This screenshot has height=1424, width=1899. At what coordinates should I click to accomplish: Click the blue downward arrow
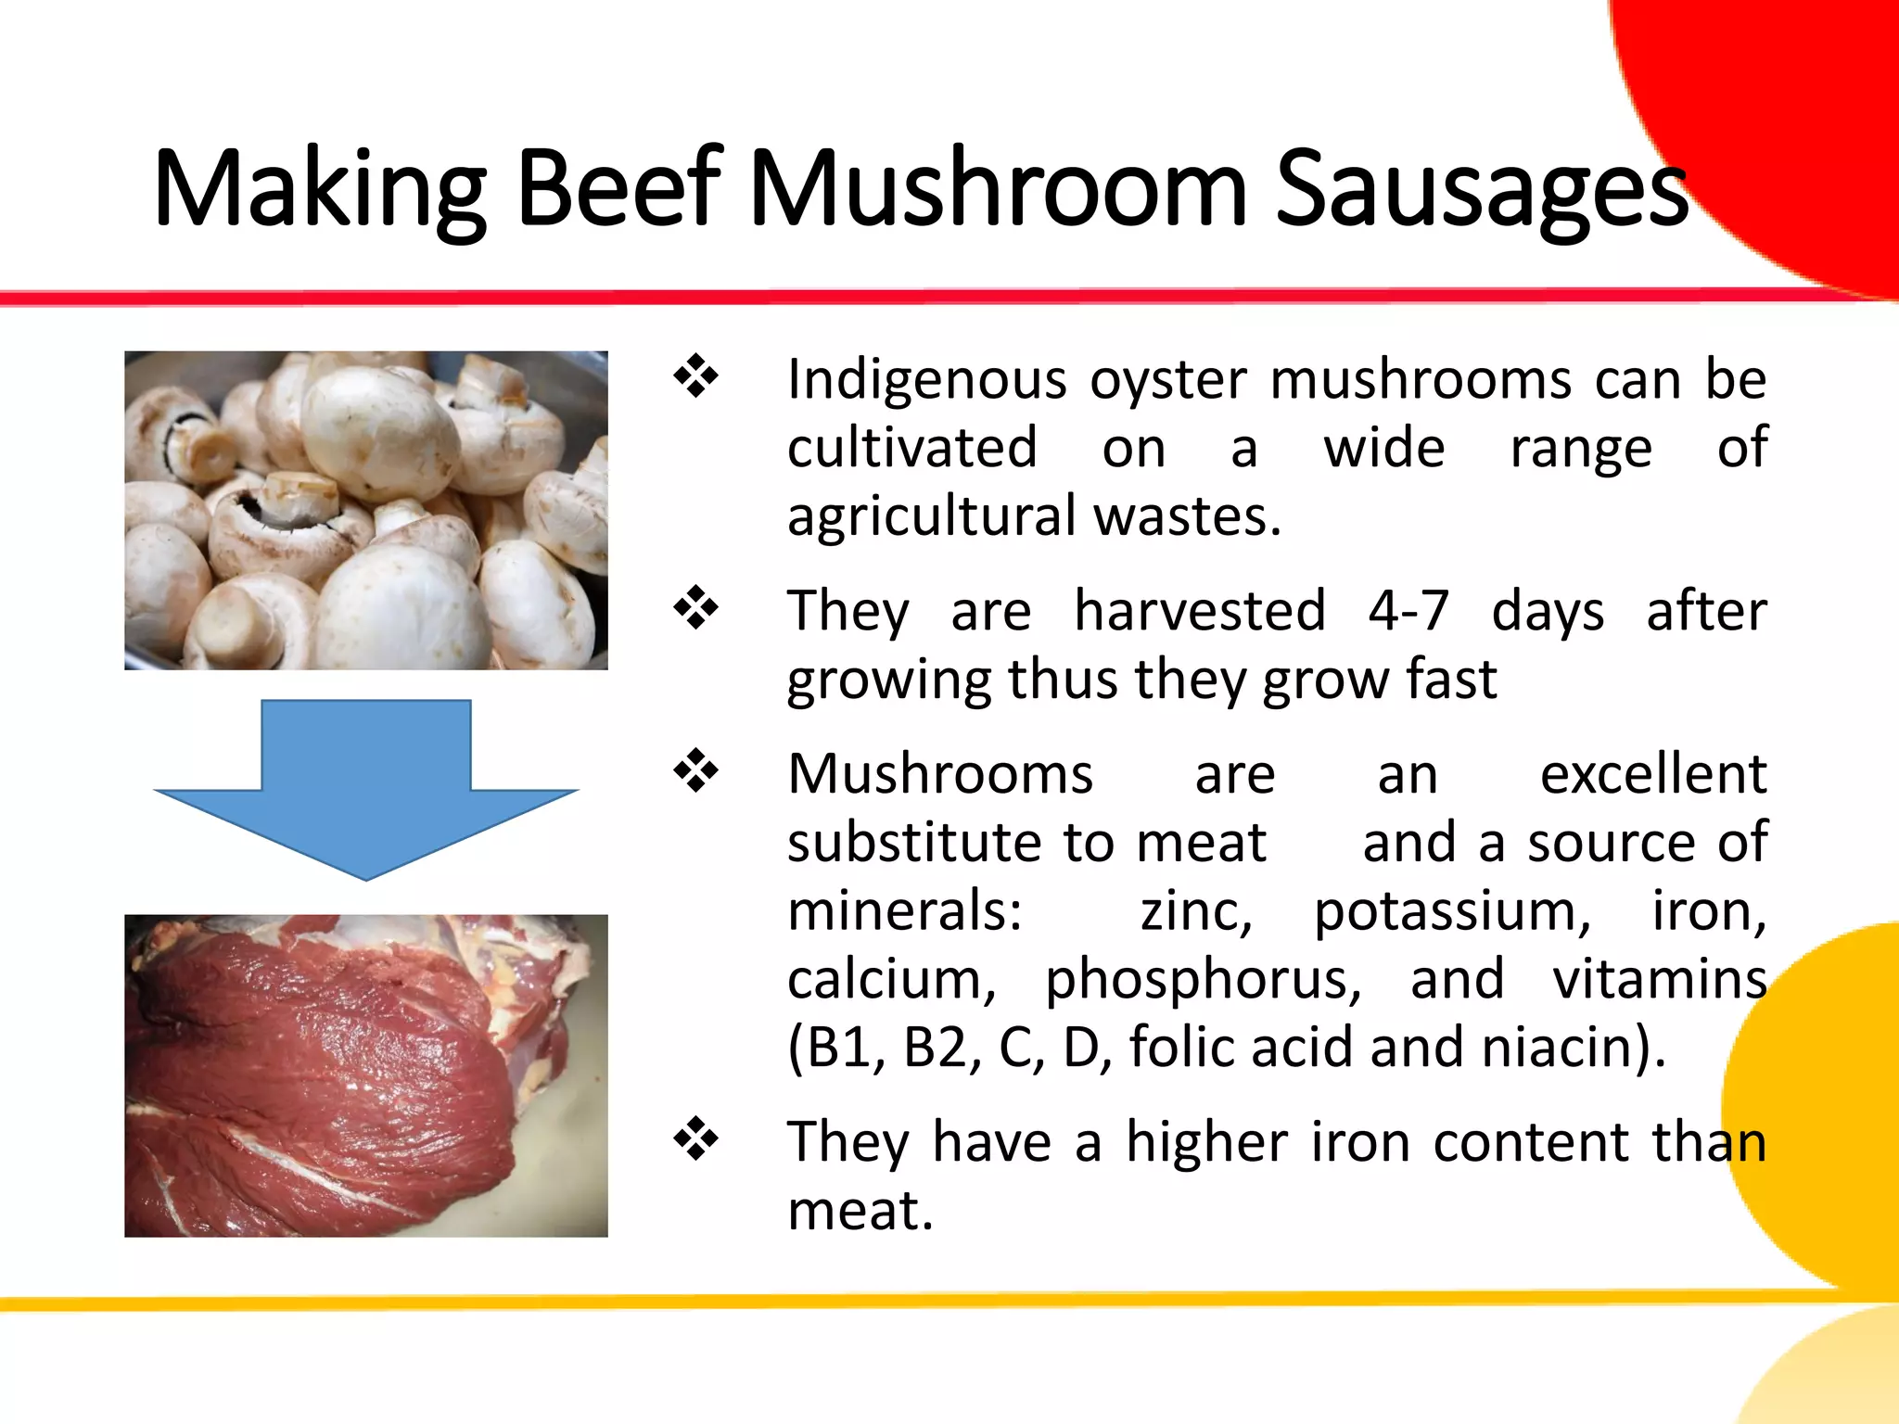pyautogui.click(x=366, y=788)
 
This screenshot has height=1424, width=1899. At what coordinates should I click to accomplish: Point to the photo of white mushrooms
pyautogui.click(x=366, y=510)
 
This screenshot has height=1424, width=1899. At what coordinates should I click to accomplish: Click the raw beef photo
pyautogui.click(x=366, y=1075)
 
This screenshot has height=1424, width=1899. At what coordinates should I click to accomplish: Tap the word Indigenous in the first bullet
pyautogui.click(x=927, y=380)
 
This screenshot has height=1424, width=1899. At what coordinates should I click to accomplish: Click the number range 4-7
pyautogui.click(x=1408, y=611)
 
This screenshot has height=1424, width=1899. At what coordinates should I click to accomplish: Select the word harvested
pyautogui.click(x=1200, y=611)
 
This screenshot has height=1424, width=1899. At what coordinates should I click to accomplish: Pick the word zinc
pyautogui.click(x=1196, y=911)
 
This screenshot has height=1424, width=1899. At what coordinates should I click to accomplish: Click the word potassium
pyautogui.click(x=1452, y=911)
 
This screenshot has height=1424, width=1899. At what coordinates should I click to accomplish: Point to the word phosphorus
pyautogui.click(x=1203, y=980)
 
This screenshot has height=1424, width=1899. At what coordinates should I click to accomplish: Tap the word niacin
pyautogui.click(x=1562, y=1048)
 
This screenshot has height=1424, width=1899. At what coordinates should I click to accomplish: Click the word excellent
pyautogui.click(x=1653, y=774)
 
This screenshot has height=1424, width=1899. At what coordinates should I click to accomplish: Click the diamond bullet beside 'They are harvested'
pyautogui.click(x=696, y=609)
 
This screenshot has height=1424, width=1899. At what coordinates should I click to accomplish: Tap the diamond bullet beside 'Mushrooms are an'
pyautogui.click(x=696, y=772)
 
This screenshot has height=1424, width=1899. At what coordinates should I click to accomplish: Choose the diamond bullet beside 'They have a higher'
pyautogui.click(x=696, y=1139)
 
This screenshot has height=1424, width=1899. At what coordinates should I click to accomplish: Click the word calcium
pyautogui.click(x=891, y=980)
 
